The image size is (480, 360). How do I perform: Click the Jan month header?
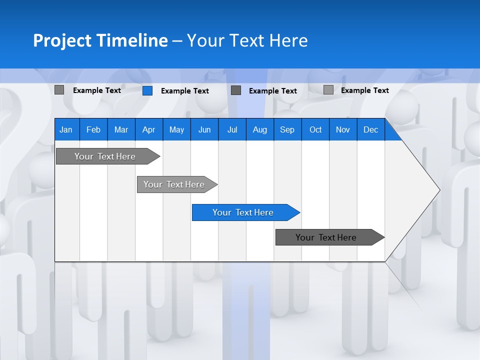(66, 130)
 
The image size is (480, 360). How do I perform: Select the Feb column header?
(93, 130)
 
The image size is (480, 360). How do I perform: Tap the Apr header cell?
(148, 130)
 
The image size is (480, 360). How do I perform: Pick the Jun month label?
(204, 130)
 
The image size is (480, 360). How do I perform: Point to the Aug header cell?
(259, 130)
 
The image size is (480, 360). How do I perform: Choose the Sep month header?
(287, 130)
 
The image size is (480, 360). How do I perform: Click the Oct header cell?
(315, 130)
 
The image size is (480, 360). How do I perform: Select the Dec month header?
(370, 130)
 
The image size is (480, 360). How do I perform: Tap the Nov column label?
(343, 130)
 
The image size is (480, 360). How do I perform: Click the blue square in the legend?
(147, 90)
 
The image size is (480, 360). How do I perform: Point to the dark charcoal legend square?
(236, 90)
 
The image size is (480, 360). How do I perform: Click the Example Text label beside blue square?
(185, 91)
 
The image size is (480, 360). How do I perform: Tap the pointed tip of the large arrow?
(439, 190)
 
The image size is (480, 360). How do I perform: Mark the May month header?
(176, 130)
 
